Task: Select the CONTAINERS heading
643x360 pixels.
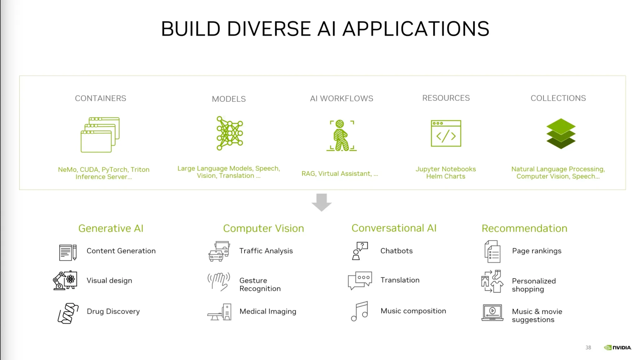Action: click(x=100, y=98)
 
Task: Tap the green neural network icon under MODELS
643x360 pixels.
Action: click(x=230, y=133)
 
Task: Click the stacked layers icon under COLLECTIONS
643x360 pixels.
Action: click(x=561, y=134)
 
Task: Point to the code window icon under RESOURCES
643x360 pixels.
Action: click(x=446, y=133)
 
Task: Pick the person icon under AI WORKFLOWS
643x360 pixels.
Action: click(x=341, y=135)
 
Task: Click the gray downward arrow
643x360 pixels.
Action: click(x=321, y=202)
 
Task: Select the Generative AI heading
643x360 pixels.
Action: click(x=111, y=228)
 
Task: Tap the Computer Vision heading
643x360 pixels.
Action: click(x=263, y=228)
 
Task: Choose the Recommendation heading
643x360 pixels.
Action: click(x=524, y=228)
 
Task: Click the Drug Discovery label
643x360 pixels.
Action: click(x=113, y=311)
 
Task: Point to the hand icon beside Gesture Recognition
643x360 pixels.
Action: click(x=219, y=281)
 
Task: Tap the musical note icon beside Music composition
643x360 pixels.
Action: click(x=360, y=311)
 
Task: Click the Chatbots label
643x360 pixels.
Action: click(x=396, y=251)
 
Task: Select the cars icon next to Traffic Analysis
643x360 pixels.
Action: click(x=219, y=251)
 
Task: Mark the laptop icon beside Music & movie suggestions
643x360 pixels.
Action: click(x=492, y=313)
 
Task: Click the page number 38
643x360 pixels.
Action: click(x=588, y=347)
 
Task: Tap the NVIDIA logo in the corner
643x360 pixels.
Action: click(x=618, y=347)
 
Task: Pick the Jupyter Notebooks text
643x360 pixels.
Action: click(x=446, y=169)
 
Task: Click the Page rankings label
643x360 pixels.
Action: click(x=537, y=251)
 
